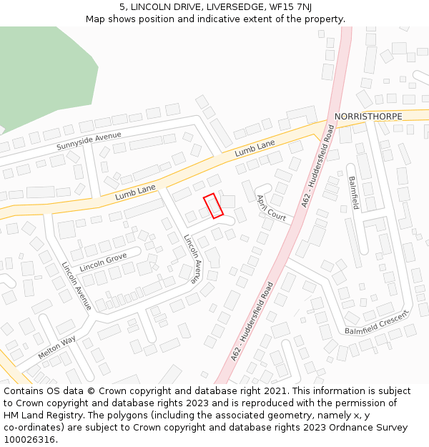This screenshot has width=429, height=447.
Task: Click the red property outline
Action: [213, 205]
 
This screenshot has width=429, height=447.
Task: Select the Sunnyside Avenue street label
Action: [89, 141]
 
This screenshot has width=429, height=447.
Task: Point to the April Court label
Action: [271, 207]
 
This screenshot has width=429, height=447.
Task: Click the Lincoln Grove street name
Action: [103, 262]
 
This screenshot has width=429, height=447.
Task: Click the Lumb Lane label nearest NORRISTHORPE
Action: [255, 149]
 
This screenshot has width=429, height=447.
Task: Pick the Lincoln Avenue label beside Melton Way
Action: [77, 285]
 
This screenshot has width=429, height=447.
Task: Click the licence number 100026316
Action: [29, 440]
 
